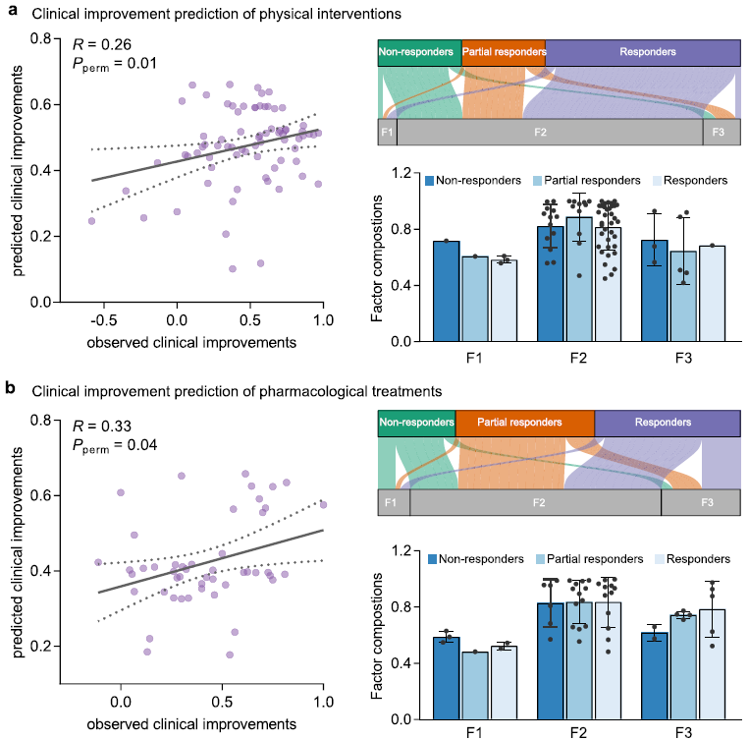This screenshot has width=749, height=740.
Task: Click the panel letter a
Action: (x=9, y=13)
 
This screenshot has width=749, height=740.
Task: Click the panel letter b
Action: (x=9, y=390)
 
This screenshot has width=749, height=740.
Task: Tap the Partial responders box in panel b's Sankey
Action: (x=524, y=425)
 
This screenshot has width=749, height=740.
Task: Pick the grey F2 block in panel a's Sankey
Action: (x=550, y=132)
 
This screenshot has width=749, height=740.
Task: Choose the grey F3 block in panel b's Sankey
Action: (x=708, y=502)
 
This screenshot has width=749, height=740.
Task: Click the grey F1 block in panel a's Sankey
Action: (x=387, y=132)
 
